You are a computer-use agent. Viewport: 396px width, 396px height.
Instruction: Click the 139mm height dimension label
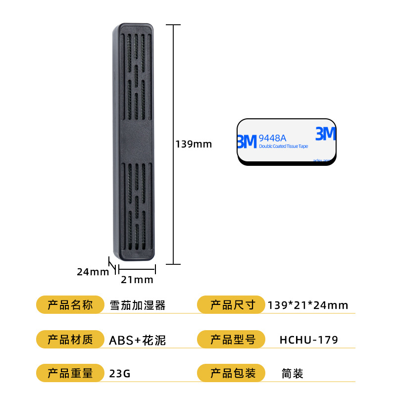tap(194, 144)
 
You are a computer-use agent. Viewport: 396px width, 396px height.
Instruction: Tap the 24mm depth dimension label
tap(93, 271)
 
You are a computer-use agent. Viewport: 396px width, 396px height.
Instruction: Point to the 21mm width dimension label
tap(137, 280)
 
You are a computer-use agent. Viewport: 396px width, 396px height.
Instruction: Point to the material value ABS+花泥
tap(137, 340)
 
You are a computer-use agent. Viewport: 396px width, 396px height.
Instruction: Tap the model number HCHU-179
tap(308, 340)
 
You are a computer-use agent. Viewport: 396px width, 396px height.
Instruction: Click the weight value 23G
tap(120, 374)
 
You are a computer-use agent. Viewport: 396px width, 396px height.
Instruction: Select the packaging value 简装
tap(292, 374)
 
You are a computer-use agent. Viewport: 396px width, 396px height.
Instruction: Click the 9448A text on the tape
tap(272, 138)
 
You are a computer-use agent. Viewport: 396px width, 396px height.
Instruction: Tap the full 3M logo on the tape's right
tap(325, 134)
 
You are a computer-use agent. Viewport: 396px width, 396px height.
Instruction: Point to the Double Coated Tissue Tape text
tap(283, 147)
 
